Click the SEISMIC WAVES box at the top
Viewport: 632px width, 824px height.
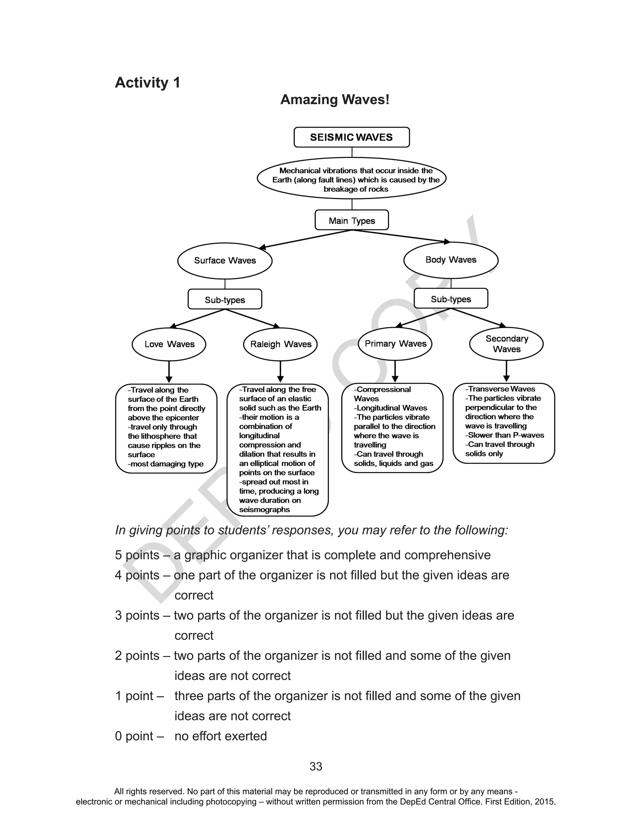351,137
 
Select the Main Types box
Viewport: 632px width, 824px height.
352,220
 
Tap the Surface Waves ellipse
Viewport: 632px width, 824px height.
225,260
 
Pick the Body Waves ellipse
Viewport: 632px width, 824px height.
451,260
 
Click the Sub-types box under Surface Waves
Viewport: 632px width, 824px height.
225,299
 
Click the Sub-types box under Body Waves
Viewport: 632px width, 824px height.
451,299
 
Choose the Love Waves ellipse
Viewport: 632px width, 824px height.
169,344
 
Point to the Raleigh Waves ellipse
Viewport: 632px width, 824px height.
281,344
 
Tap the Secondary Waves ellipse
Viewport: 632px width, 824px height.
506,344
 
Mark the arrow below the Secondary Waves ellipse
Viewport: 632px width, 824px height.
506,372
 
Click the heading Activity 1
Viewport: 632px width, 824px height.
148,82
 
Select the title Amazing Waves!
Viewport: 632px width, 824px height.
335,99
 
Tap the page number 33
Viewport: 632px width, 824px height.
316,767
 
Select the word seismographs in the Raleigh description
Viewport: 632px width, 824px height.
264,509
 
